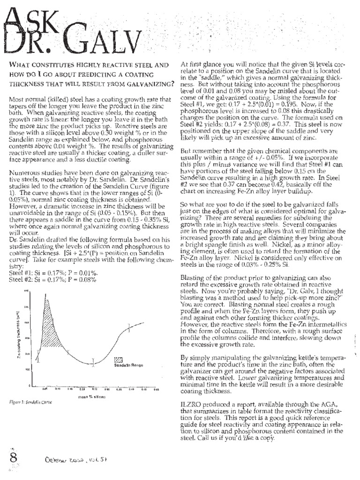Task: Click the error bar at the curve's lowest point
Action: [93, 362]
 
